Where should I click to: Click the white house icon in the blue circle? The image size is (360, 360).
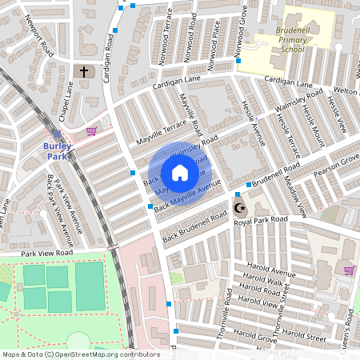179,172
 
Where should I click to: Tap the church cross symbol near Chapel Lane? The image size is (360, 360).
83,72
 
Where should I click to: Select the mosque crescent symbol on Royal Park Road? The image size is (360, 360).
238,209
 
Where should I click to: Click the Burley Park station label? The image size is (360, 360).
58,150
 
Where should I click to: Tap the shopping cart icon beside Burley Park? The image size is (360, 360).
91,131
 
